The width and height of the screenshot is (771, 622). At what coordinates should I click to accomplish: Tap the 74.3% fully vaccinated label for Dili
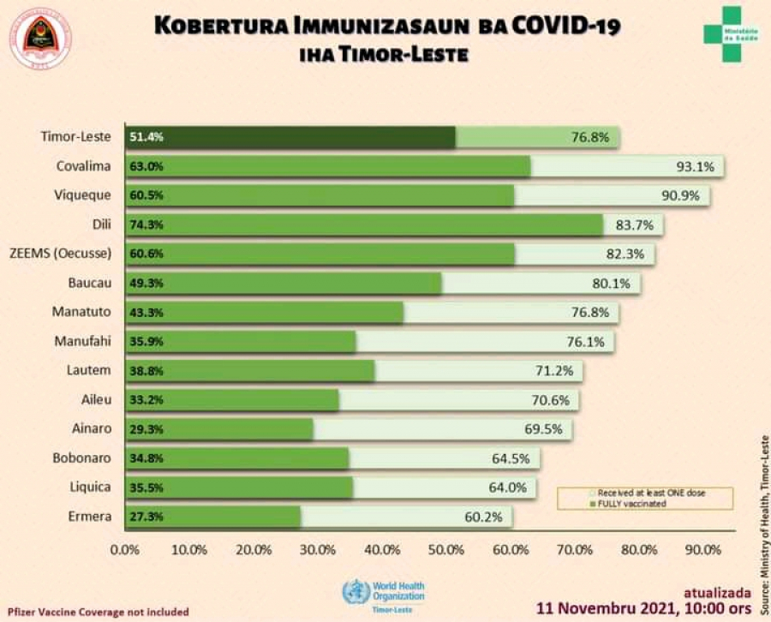(x=146, y=224)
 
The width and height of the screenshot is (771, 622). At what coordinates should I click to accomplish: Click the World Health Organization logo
(x=384, y=591)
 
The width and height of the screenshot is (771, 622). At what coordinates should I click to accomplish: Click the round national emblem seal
(x=39, y=39)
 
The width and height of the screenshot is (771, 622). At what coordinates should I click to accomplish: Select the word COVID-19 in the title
(x=565, y=26)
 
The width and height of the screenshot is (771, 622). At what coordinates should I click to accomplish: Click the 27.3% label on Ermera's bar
(x=146, y=517)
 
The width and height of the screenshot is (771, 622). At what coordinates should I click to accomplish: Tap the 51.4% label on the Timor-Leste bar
(x=146, y=137)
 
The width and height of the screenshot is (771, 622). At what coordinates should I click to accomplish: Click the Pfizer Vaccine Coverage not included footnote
(x=99, y=612)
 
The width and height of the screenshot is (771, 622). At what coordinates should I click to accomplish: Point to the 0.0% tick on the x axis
(x=126, y=549)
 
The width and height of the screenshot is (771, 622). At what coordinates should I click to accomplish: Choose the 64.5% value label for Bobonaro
(x=511, y=458)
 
